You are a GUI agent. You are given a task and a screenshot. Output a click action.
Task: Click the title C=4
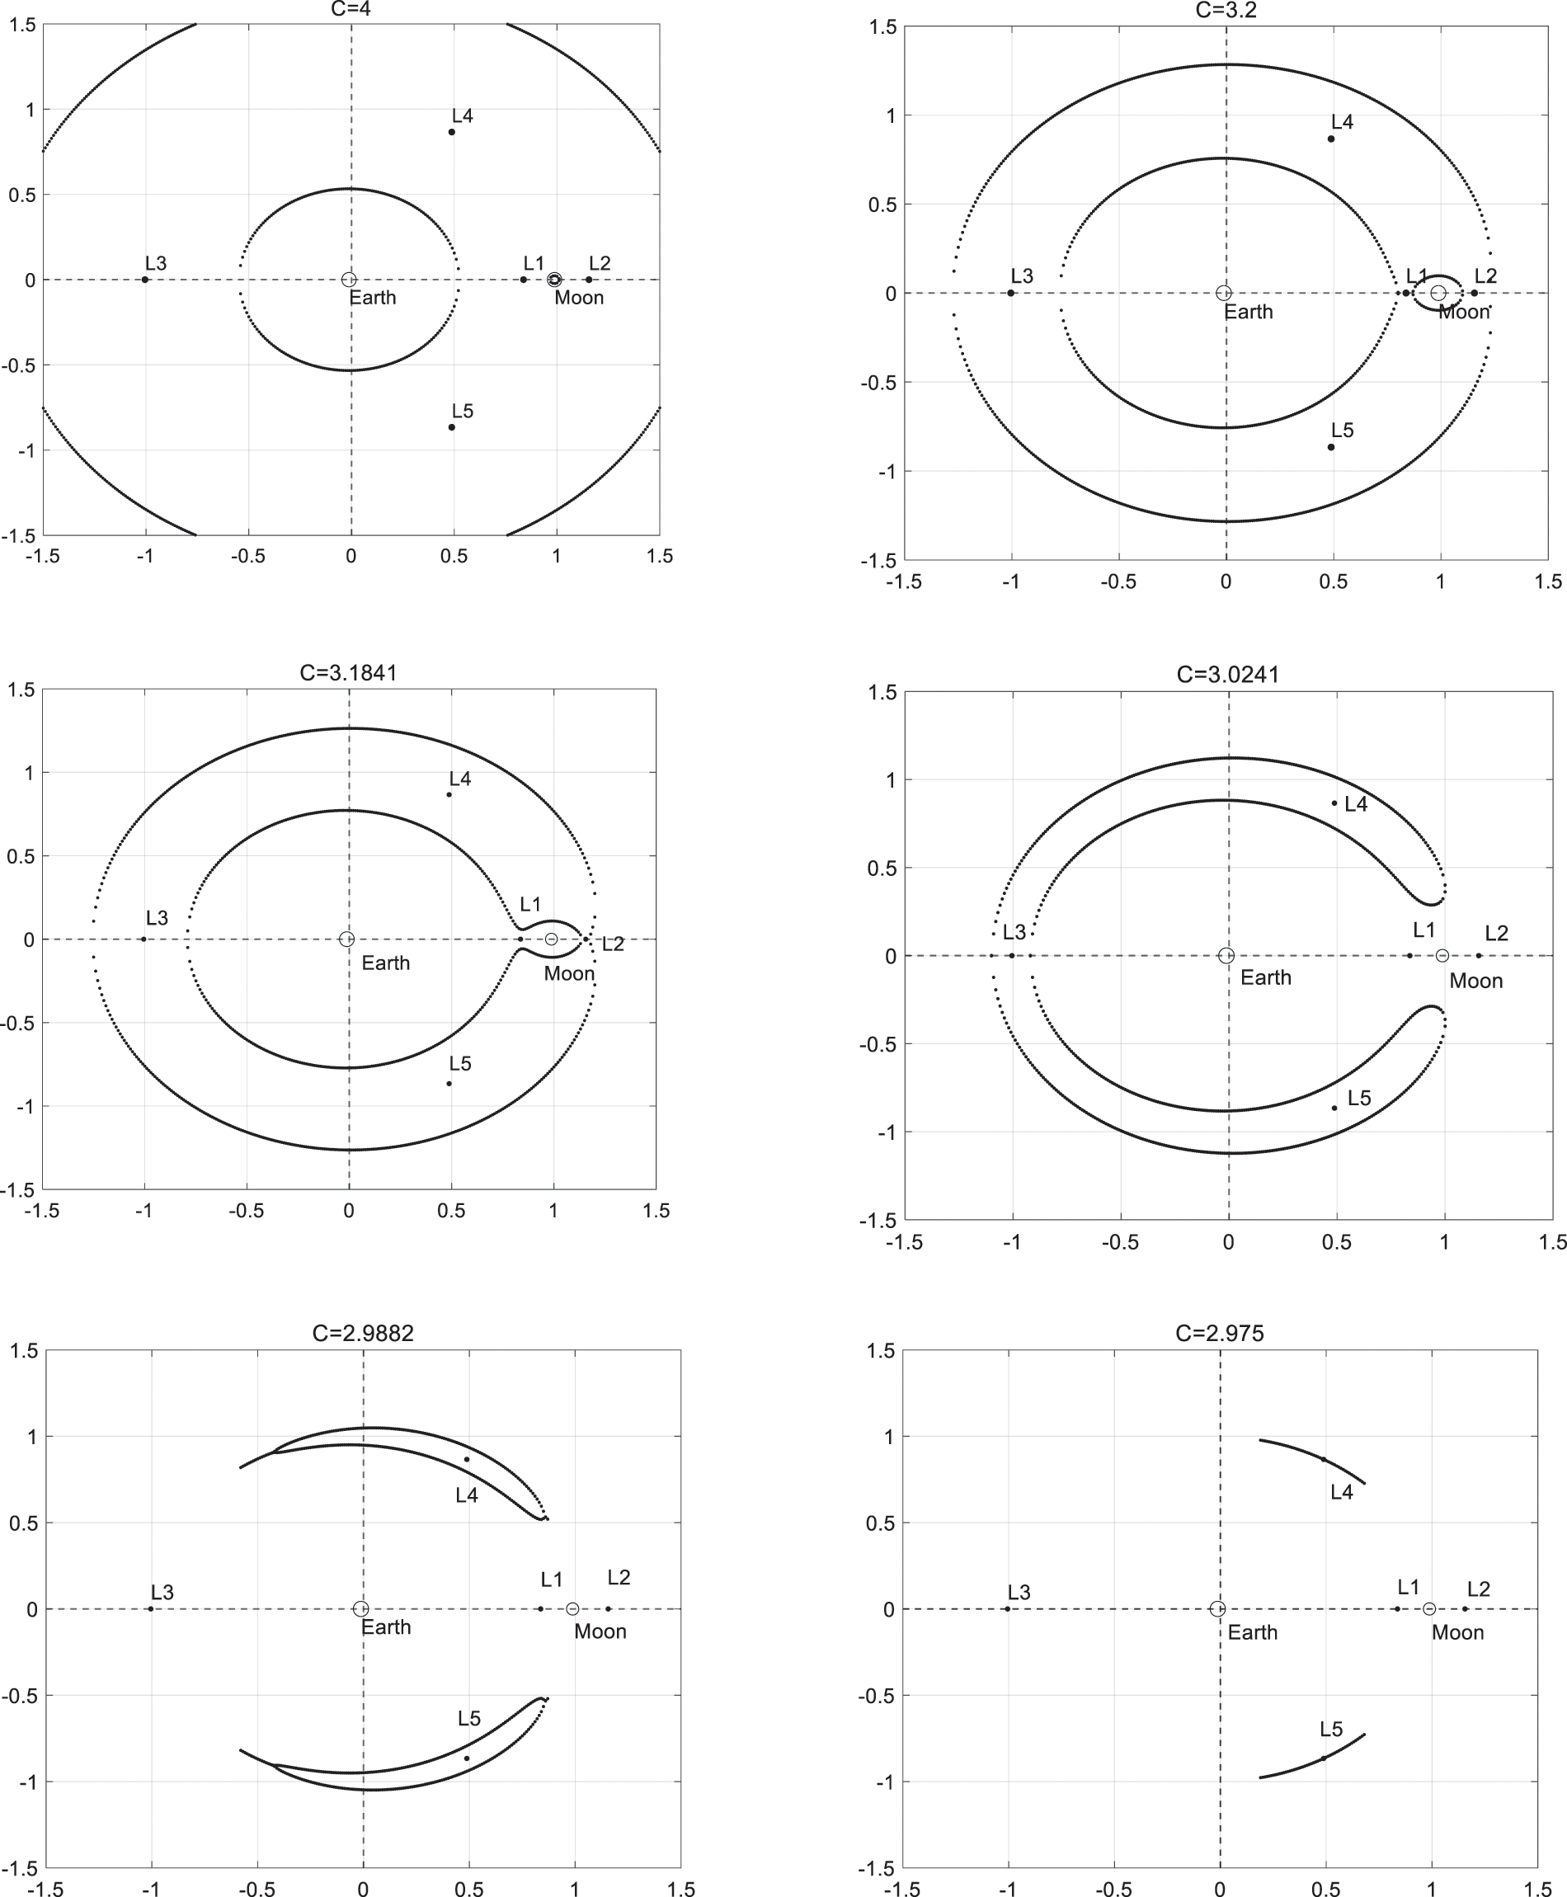point(351,9)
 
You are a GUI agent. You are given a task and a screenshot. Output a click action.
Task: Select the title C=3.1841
point(348,672)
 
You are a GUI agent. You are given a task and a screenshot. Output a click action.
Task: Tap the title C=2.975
point(1220,1333)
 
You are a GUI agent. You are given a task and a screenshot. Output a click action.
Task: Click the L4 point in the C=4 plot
point(451,132)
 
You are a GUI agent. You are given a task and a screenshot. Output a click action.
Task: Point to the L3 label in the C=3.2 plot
point(1021,276)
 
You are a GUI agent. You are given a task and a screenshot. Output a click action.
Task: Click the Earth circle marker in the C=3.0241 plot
point(1226,956)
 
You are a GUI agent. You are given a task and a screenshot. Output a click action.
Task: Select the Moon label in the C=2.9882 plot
point(600,1631)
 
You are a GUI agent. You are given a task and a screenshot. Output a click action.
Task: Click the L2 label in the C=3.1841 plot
point(613,944)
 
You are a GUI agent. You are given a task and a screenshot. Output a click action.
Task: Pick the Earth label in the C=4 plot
point(373,298)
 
